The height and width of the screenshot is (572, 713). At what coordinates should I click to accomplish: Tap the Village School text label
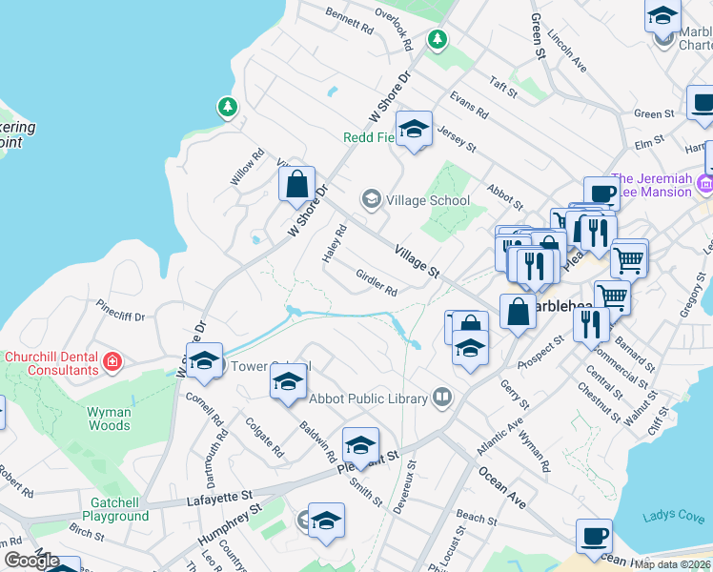(x=428, y=200)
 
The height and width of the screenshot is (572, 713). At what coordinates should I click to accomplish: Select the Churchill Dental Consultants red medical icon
(x=112, y=361)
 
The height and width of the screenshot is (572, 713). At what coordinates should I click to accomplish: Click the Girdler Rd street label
(x=376, y=283)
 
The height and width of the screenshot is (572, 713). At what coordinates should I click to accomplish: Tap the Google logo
(x=31, y=561)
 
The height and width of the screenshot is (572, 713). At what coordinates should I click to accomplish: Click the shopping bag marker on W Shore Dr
(x=296, y=183)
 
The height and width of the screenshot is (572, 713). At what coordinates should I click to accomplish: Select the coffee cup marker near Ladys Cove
(x=594, y=536)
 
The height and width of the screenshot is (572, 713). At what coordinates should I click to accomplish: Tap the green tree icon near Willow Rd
(x=228, y=106)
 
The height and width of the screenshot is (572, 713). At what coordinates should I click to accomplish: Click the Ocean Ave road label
(x=502, y=487)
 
